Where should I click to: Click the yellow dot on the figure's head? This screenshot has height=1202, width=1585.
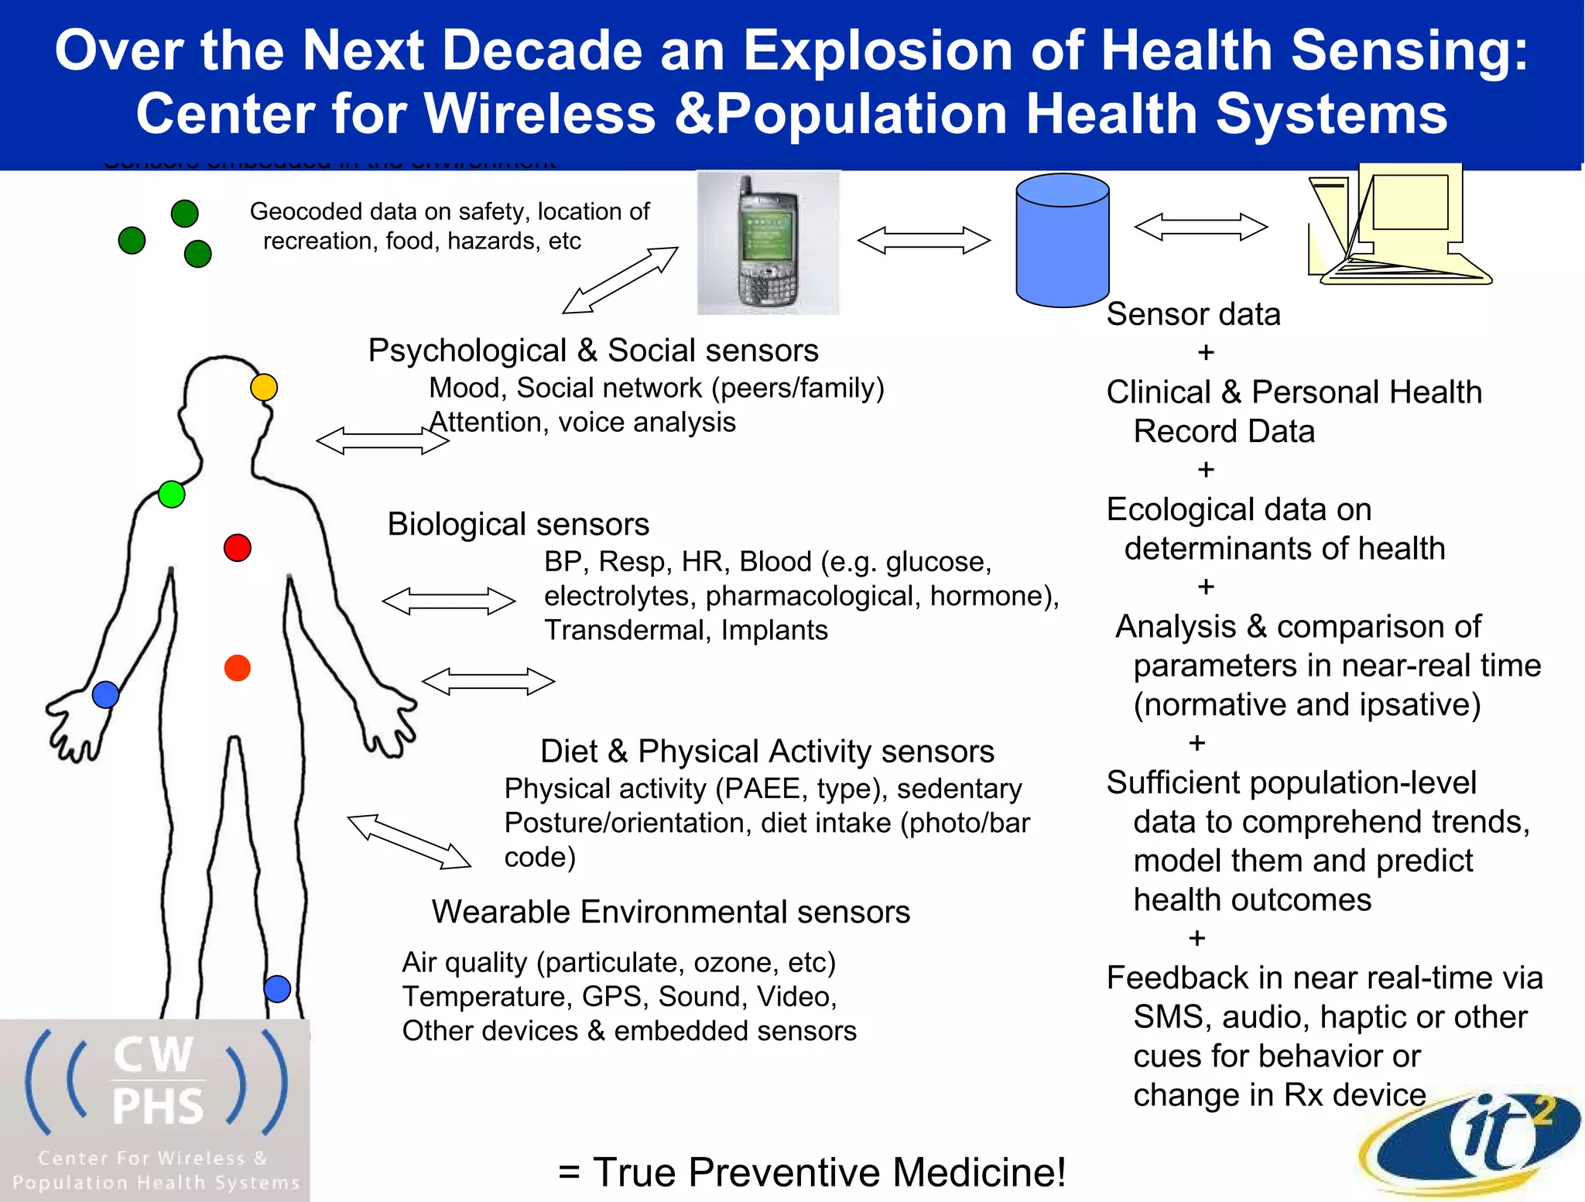[x=264, y=387]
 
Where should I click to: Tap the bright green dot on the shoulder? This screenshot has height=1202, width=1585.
[x=171, y=494]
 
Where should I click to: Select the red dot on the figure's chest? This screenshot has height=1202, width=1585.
[x=238, y=548]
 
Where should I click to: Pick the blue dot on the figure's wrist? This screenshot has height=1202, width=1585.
[x=105, y=694]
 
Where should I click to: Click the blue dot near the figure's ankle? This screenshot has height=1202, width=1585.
[x=277, y=988]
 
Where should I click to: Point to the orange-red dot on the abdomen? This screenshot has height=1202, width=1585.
[x=238, y=667]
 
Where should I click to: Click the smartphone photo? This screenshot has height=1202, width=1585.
[x=768, y=242]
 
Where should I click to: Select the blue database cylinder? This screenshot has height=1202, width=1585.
[x=1062, y=240]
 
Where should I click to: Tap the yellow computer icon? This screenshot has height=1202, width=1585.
[x=1397, y=224]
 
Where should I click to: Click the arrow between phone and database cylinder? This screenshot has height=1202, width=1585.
[x=923, y=240]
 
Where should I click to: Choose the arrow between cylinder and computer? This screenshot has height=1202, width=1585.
[x=1200, y=227]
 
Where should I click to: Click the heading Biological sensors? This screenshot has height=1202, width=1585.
[x=518, y=524]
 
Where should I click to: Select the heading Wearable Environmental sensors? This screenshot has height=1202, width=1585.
[x=670, y=912]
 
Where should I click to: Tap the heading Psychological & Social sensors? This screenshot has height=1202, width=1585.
[x=593, y=351]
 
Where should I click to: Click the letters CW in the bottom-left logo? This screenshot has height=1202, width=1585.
[x=152, y=1055]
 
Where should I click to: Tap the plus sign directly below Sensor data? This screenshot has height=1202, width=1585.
[x=1206, y=353]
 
